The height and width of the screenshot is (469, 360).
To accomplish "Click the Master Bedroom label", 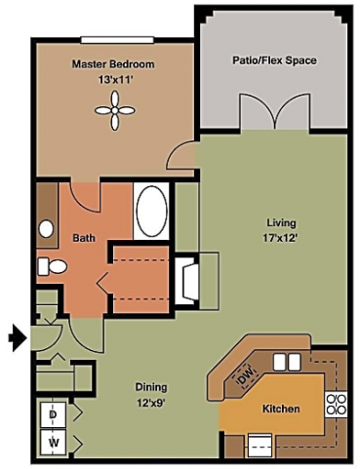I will [113, 64].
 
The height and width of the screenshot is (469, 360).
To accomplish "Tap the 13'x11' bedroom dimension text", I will [114, 80].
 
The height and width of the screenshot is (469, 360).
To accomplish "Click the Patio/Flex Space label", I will [274, 60].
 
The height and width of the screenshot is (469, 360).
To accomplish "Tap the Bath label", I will [84, 237].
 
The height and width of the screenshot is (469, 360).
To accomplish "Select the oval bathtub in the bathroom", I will [150, 209].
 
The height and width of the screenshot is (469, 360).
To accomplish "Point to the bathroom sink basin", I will [46, 229].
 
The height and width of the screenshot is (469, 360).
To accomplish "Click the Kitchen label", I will [280, 409].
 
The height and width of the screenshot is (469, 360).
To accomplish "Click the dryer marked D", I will [52, 413].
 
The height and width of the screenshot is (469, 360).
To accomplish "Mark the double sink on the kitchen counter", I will [285, 363].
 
